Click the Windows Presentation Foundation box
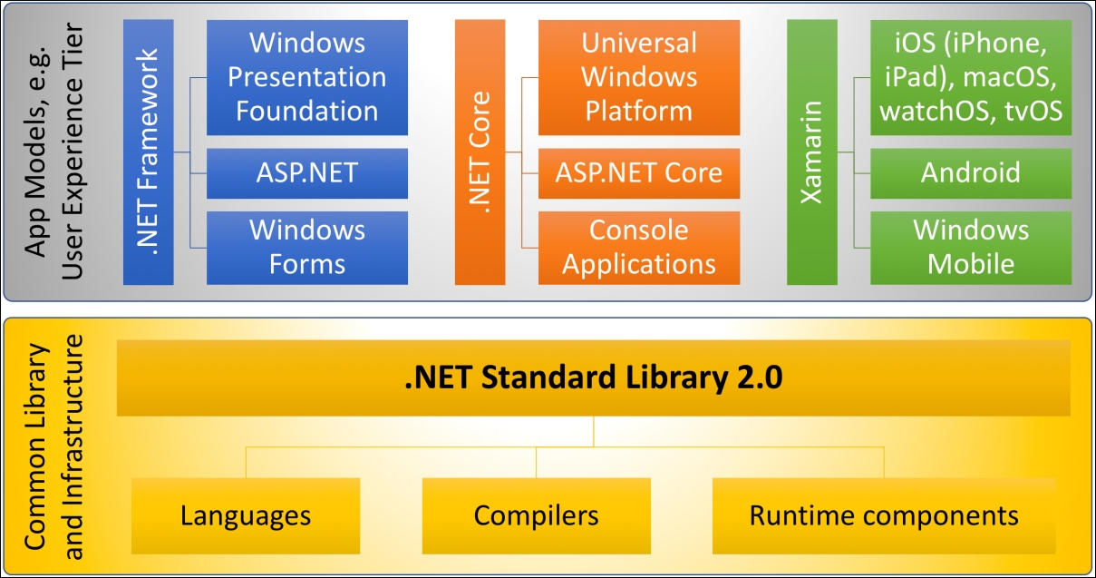point(307,77)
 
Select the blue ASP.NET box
point(307,173)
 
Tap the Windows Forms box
point(307,248)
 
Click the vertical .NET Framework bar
point(149,152)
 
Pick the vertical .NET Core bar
point(480,152)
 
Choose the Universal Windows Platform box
point(639,77)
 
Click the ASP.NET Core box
point(639,173)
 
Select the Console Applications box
point(639,248)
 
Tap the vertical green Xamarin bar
point(812,152)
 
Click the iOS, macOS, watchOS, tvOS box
point(971,77)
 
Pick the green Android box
point(971,173)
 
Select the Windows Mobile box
point(971,248)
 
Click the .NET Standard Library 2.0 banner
point(594,378)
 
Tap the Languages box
point(246,516)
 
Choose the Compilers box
point(537,516)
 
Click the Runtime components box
point(884,516)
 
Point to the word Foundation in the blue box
point(307,111)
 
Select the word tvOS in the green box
point(1033,111)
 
